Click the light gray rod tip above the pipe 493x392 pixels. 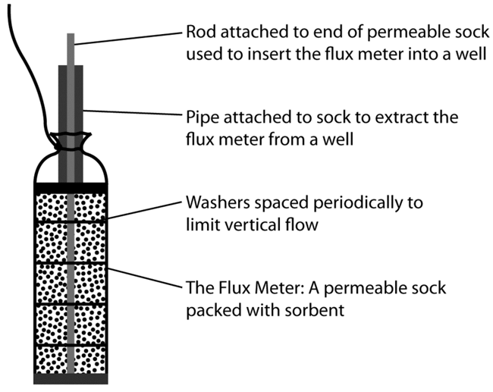[x=71, y=49]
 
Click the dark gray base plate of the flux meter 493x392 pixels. [x=71, y=379]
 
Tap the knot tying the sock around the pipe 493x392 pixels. [x=71, y=141]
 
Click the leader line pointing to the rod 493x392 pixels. [x=128, y=39]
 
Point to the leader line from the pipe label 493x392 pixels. [x=133, y=112]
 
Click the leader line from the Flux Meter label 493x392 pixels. [x=145, y=278]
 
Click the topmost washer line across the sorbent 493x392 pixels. [x=71, y=223]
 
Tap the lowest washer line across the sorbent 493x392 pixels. [x=71, y=346]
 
